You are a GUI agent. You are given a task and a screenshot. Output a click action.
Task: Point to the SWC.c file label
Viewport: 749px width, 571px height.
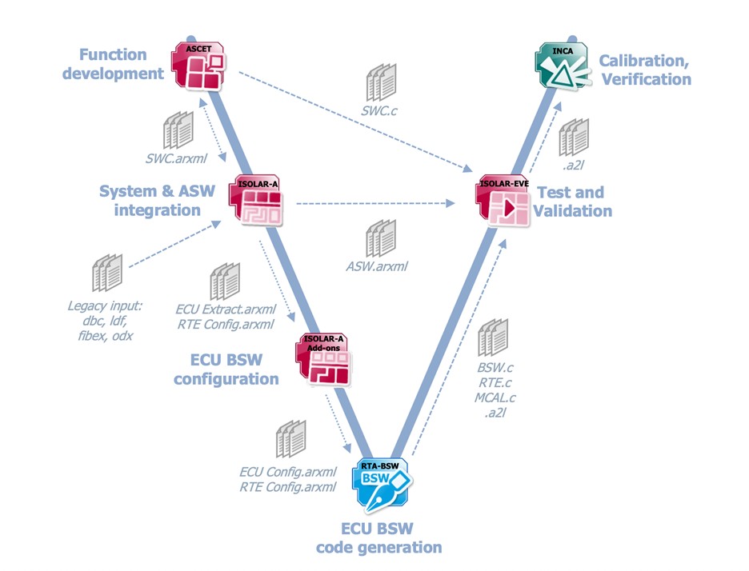(x=378, y=113)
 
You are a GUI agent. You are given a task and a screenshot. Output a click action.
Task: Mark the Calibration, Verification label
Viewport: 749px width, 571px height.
(x=645, y=70)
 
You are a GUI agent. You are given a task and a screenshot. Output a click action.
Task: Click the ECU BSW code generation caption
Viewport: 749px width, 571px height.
(x=379, y=539)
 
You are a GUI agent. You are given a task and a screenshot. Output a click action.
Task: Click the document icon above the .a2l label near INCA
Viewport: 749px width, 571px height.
(x=574, y=138)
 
